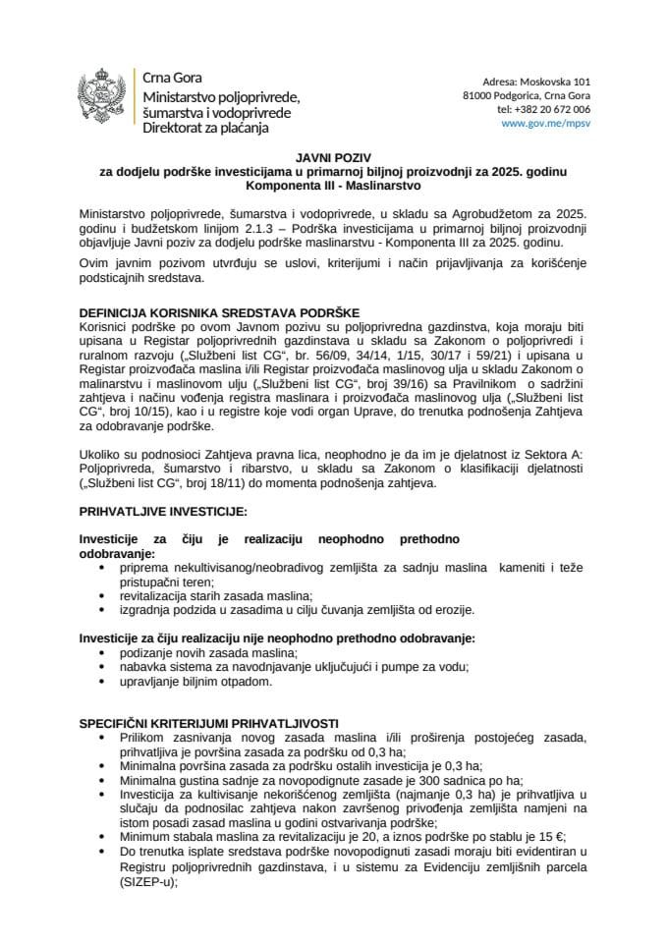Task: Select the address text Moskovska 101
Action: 556,81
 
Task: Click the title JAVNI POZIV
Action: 333,156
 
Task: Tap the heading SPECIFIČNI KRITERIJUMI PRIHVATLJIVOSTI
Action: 208,723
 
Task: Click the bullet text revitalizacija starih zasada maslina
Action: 215,596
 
